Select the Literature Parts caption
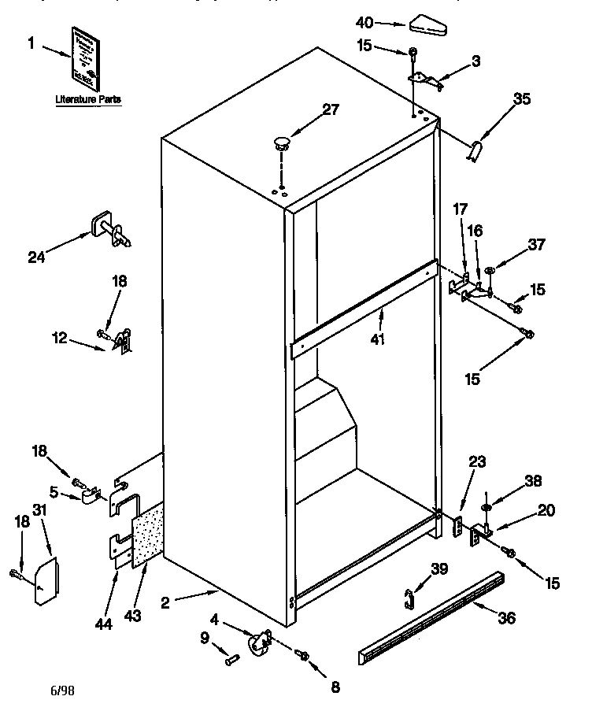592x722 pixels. coord(88,99)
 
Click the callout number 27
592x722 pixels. coord(331,109)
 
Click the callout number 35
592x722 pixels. coord(522,99)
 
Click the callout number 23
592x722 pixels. coord(479,463)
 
